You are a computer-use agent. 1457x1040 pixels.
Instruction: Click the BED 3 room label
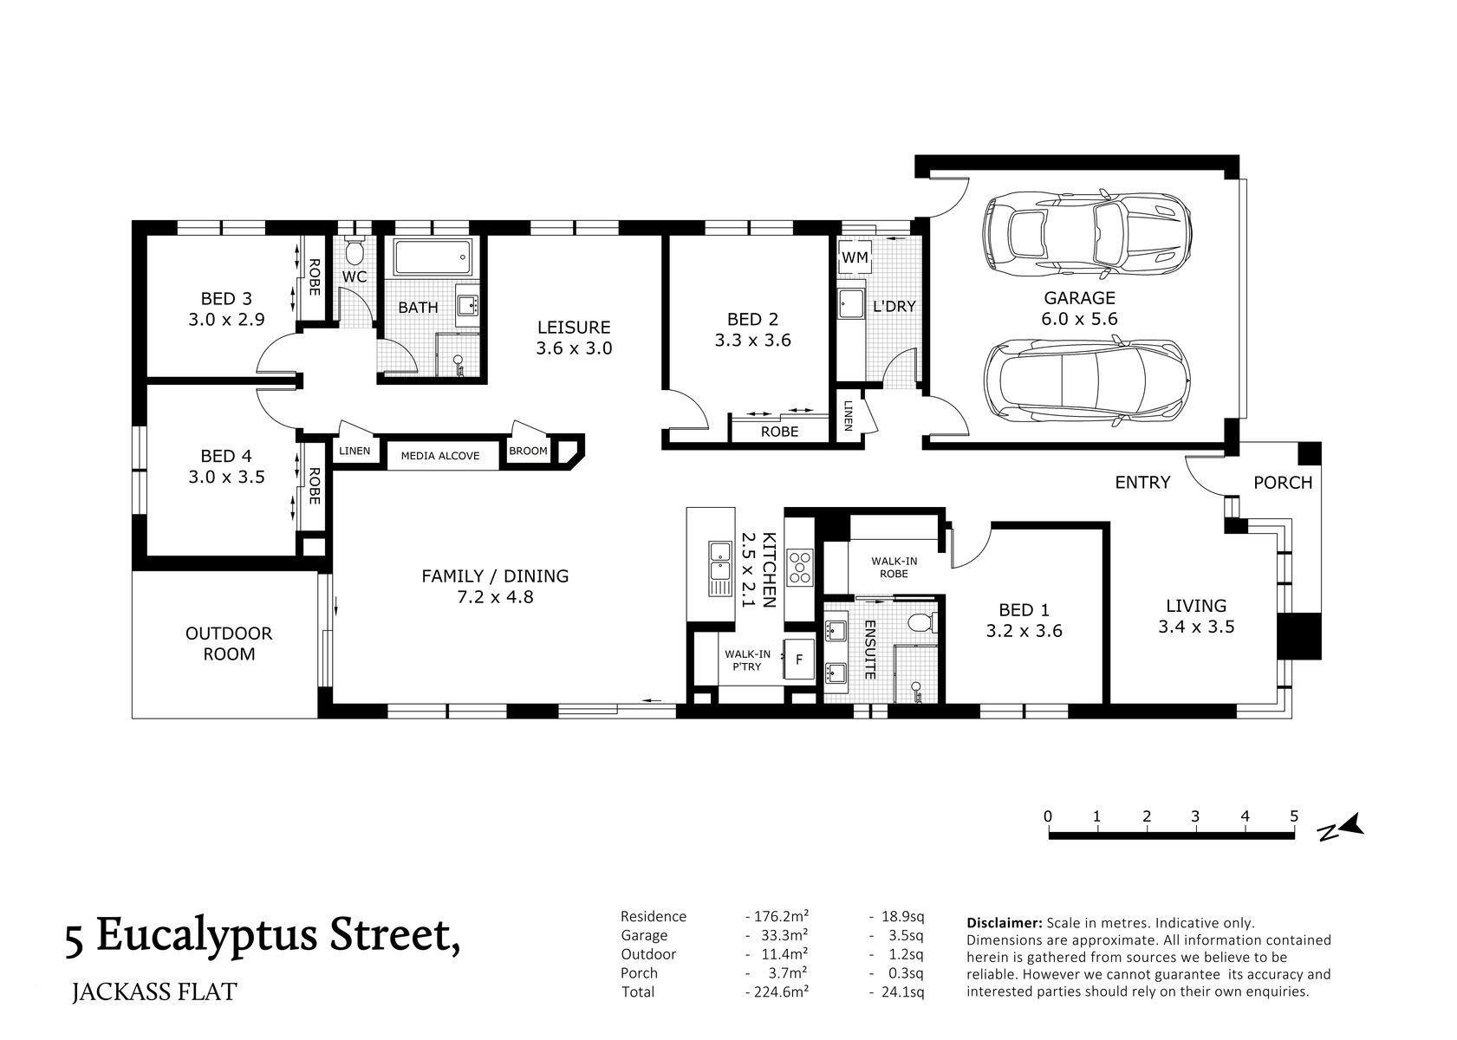click(225, 299)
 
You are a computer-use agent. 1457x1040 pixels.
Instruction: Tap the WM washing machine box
click(855, 258)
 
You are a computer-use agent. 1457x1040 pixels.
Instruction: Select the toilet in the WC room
click(354, 253)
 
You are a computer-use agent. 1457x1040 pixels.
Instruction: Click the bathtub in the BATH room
click(433, 257)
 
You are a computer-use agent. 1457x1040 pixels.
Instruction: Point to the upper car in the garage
click(1086, 233)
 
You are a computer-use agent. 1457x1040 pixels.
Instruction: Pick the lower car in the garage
click(1086, 380)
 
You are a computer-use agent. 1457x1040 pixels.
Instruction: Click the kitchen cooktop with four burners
click(798, 567)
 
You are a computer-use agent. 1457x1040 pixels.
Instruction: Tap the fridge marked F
click(798, 660)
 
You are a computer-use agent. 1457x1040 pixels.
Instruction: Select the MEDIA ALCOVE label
click(439, 456)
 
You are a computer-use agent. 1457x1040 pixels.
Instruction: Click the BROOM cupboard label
click(528, 452)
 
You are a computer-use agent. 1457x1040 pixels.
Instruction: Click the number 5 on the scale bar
click(1293, 816)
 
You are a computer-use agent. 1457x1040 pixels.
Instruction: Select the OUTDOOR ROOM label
click(229, 643)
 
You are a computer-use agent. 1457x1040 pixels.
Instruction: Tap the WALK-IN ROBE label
click(894, 567)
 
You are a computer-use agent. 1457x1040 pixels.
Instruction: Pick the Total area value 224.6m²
click(777, 991)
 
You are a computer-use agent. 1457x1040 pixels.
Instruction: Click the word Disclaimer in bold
click(1004, 923)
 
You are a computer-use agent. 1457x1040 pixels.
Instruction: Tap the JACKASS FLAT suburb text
click(154, 991)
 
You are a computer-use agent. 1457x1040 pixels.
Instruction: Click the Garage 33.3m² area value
click(777, 935)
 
